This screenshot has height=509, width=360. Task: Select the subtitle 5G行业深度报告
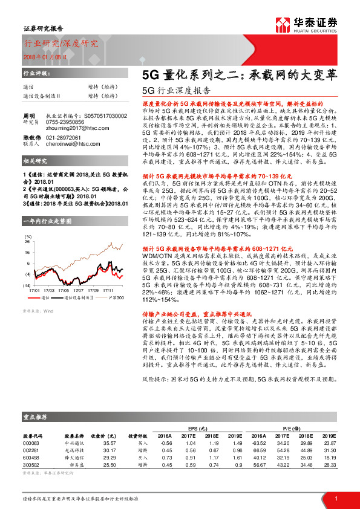click(175, 91)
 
